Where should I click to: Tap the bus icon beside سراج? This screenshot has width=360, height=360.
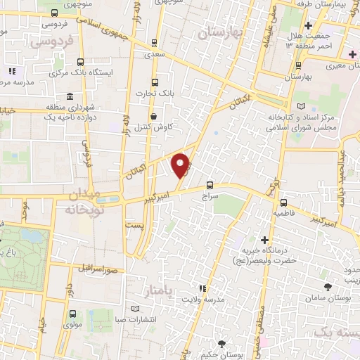210,186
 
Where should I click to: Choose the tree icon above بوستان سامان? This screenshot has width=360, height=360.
328,286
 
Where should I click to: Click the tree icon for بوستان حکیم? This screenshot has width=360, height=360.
222,344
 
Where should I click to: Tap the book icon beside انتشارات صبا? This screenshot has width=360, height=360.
136,308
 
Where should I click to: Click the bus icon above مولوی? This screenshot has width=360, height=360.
70,315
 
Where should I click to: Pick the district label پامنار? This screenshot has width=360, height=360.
167,290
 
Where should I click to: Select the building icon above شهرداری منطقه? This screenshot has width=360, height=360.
70,96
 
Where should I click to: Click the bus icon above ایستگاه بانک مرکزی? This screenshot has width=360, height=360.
79,61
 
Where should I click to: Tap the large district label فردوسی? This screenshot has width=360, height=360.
52,41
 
